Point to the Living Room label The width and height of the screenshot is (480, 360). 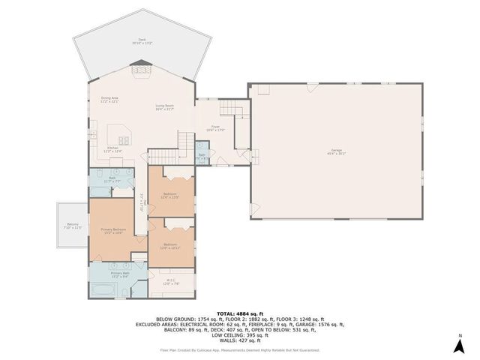tap(165, 107)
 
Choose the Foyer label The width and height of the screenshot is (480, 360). tap(214, 129)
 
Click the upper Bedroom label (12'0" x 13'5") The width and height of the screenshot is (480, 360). tap(170, 196)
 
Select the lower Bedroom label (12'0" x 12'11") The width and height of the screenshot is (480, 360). tap(170, 245)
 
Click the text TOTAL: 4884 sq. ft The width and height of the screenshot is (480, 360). tap(239, 313)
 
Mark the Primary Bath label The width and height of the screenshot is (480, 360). tap(121, 274)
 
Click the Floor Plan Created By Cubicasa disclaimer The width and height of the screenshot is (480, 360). tap(239, 349)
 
